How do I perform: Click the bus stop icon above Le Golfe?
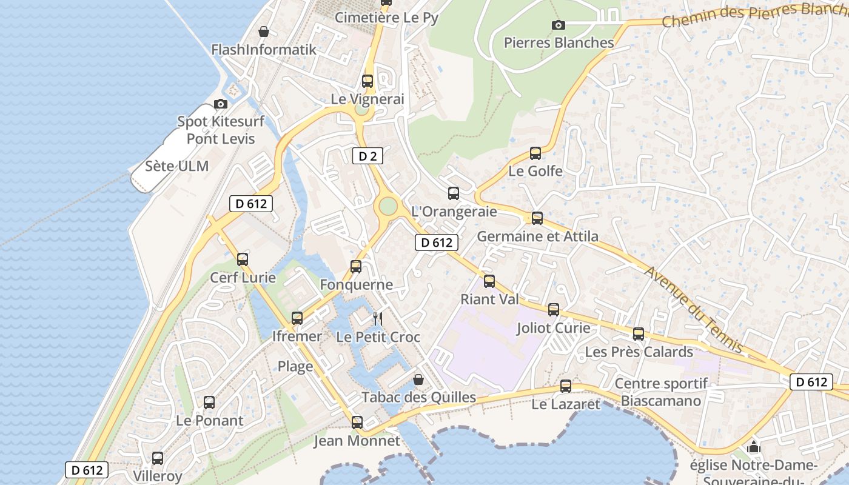tap(535, 153)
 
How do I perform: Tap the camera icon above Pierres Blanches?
tap(559, 25)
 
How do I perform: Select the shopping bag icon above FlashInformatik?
tap(264, 32)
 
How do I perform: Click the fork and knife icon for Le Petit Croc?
tap(378, 318)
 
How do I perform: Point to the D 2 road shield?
tap(367, 156)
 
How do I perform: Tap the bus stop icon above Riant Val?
tap(489, 281)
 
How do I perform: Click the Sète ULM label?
tap(176, 166)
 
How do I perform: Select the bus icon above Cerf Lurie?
tap(243, 259)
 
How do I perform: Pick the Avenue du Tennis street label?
tap(694, 309)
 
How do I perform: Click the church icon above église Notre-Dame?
tap(754, 447)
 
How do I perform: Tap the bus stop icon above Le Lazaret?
tap(566, 386)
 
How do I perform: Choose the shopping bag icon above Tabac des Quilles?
tap(418, 380)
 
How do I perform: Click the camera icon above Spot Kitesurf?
tap(221, 104)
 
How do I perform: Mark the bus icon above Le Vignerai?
tap(367, 81)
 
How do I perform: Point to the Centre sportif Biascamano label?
tap(661, 392)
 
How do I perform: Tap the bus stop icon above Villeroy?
tap(158, 458)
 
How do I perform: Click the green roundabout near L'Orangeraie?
tap(388, 207)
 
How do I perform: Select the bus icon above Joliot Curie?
tap(554, 310)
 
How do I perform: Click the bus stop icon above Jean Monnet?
tap(357, 423)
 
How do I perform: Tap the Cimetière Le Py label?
tap(386, 18)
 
